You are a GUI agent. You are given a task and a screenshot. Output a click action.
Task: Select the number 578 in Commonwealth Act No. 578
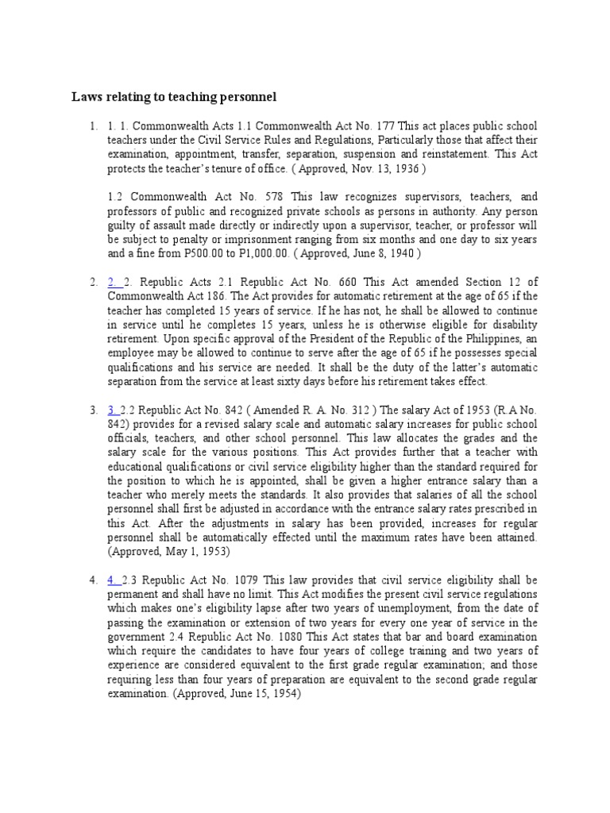pyautogui.click(x=272, y=196)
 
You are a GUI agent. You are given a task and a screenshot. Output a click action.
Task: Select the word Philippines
pyautogui.click(x=463, y=338)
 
